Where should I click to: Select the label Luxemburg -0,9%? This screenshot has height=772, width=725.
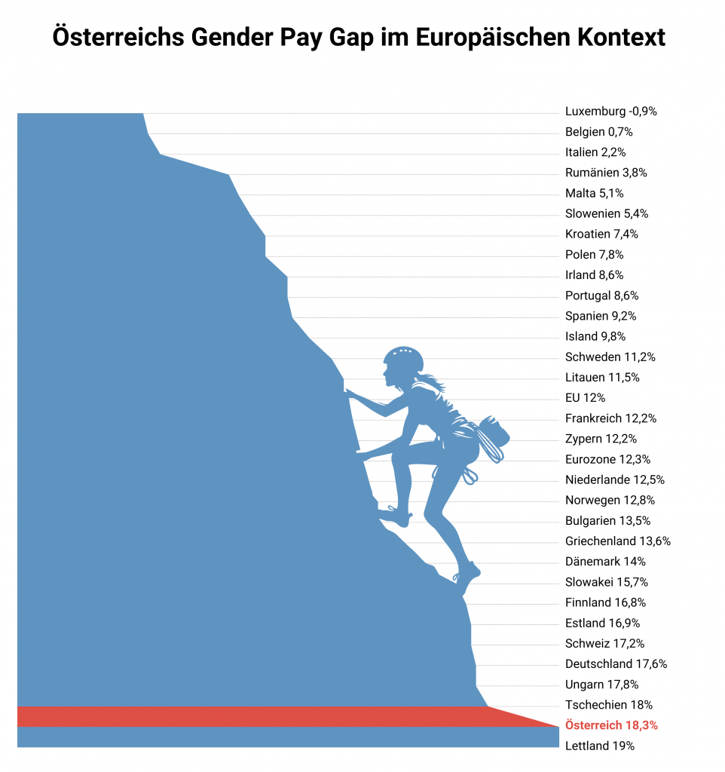[611, 112]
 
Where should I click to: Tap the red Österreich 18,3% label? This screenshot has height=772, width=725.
[611, 725]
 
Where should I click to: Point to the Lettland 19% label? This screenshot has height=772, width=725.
[600, 746]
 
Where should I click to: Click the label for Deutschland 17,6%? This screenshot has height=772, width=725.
[616, 664]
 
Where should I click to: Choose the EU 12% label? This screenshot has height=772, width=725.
[585, 398]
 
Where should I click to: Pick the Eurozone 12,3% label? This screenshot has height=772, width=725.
[607, 459]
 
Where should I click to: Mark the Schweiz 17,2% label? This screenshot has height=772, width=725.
[604, 644]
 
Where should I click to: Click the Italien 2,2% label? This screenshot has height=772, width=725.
[595, 152]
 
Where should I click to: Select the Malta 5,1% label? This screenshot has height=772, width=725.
[594, 193]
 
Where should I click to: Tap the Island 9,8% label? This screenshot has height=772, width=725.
[595, 336]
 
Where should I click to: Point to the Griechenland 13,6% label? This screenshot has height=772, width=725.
[618, 541]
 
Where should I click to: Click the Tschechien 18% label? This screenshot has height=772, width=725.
[609, 705]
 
